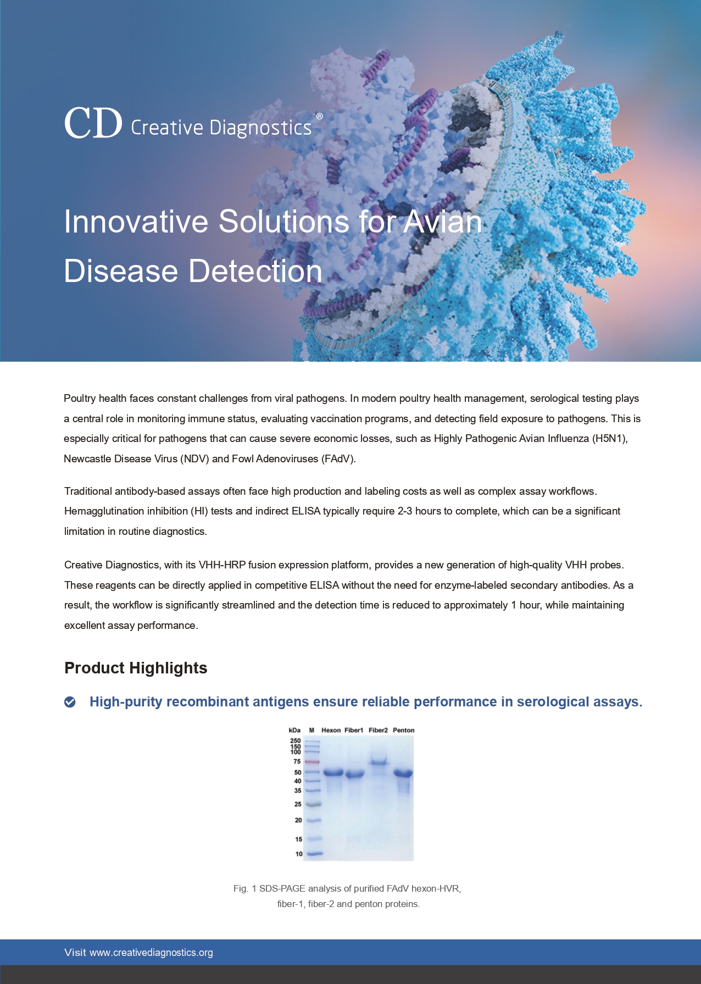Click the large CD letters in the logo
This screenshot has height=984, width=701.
tap(93, 123)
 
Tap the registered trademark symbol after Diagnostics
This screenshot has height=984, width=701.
tap(319, 117)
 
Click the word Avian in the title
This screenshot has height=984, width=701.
tap(442, 222)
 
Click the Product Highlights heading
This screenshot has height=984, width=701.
tap(136, 668)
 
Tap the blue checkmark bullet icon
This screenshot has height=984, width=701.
tap(70, 702)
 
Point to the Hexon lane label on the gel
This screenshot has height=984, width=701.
tap(331, 730)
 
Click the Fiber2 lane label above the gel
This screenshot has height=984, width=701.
tap(378, 730)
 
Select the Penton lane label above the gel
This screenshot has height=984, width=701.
tap(403, 730)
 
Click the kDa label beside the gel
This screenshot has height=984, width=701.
tap(294, 730)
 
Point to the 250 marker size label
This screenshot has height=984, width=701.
tap(296, 740)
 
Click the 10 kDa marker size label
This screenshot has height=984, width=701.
tap(299, 854)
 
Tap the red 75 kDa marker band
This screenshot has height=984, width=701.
tap(312, 761)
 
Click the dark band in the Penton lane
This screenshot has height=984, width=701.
tap(403, 773)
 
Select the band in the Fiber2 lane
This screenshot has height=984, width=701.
tap(379, 762)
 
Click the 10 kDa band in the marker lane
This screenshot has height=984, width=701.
tap(314, 854)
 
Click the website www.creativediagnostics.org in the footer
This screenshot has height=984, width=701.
tap(151, 953)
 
